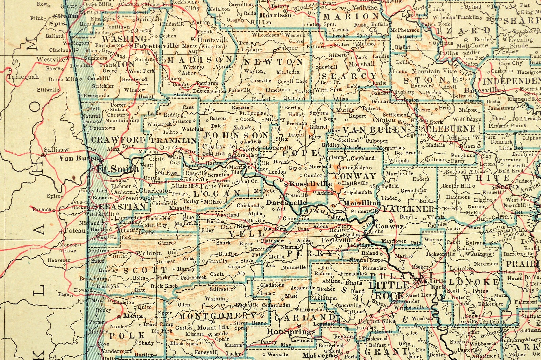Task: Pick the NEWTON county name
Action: pyautogui.click(x=274, y=62)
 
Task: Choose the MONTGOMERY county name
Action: pyautogui.click(x=217, y=316)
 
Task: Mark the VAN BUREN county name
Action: pyautogui.click(x=374, y=130)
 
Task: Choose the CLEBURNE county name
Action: pyautogui.click(x=450, y=129)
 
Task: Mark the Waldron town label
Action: pyautogui.click(x=149, y=253)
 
